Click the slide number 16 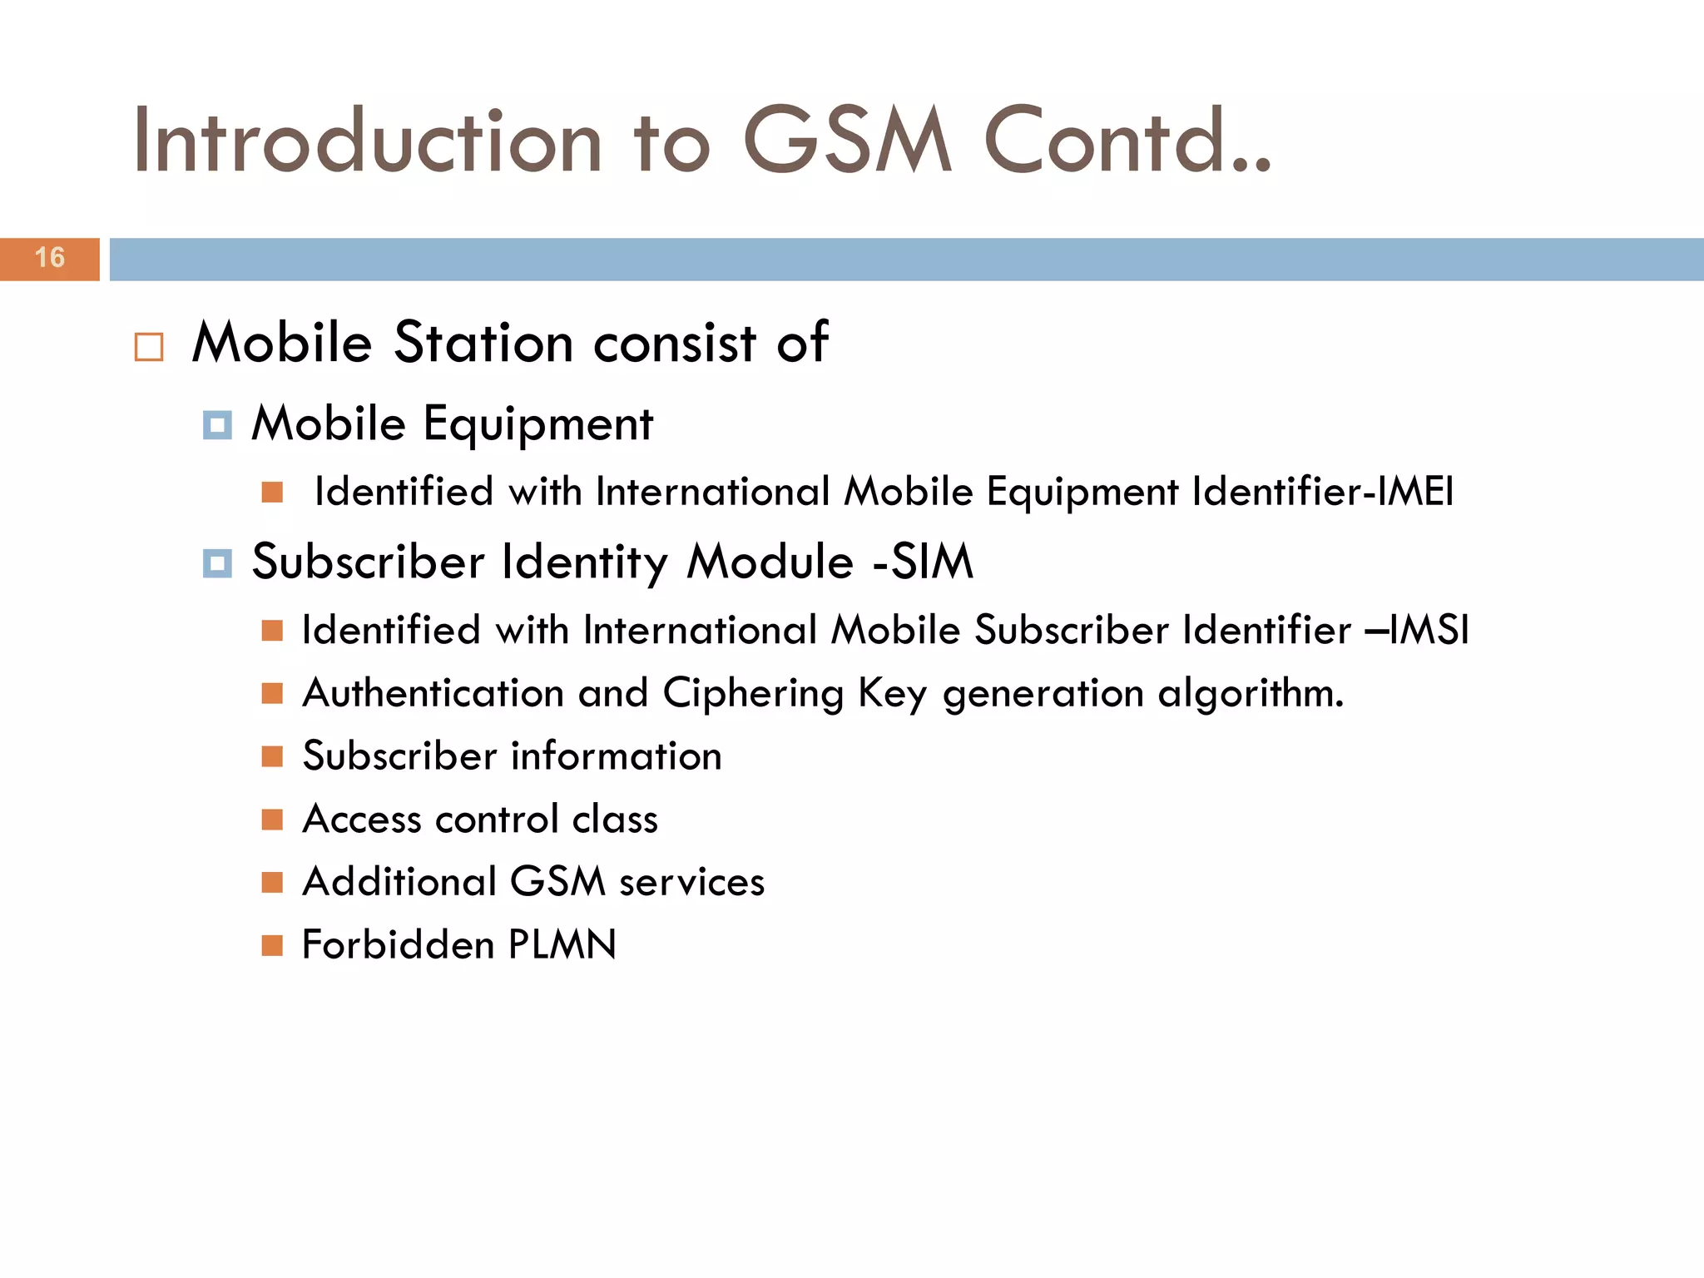[50, 258]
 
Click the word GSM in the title [846, 141]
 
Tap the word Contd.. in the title [1127, 141]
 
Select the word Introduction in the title [367, 141]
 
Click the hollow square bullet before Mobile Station [149, 346]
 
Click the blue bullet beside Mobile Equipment [217, 425]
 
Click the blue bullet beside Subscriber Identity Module [217, 563]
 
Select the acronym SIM [932, 562]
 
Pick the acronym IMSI [1432, 630]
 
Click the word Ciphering [753, 694]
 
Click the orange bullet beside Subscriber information [272, 756]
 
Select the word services [691, 882]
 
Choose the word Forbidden [398, 945]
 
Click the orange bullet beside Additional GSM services [272, 882]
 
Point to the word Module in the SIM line [770, 562]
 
